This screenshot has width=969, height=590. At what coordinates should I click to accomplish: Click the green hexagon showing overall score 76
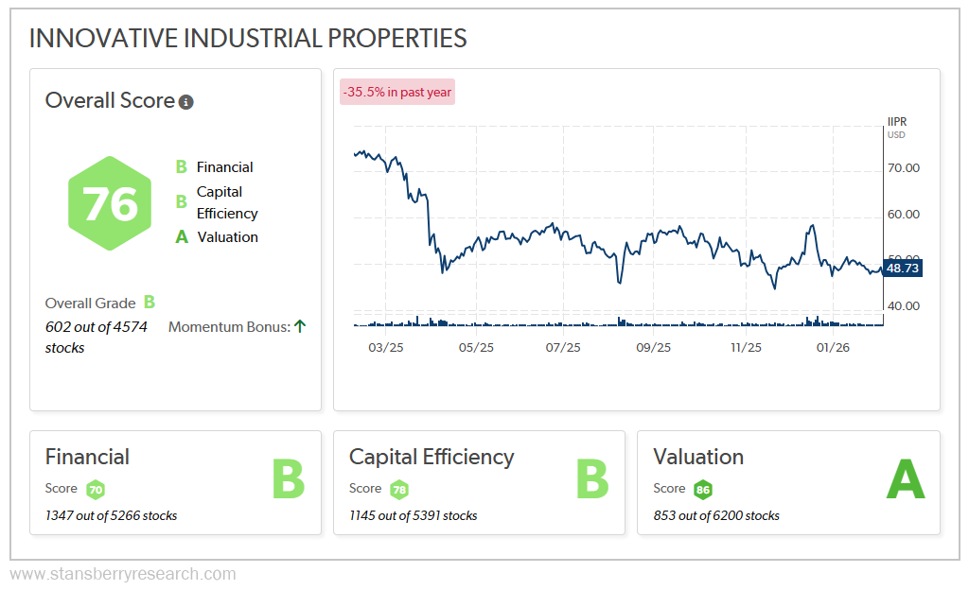(110, 203)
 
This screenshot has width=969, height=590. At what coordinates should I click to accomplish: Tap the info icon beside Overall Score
(186, 102)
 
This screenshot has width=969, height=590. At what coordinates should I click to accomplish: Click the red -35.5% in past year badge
(397, 92)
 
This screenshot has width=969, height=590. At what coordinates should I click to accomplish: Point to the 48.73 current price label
(903, 269)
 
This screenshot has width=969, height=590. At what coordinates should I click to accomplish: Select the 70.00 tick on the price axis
(905, 168)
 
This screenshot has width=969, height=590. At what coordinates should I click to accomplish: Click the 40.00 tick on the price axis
(905, 305)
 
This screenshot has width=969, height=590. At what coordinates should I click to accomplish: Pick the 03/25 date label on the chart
(386, 347)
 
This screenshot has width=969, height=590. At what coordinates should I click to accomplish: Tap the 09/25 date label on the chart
(653, 347)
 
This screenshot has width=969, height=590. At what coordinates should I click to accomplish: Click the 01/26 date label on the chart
(833, 347)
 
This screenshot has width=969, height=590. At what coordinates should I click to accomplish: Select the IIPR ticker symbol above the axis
(897, 122)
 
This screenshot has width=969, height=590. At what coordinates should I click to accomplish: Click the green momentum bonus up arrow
(300, 326)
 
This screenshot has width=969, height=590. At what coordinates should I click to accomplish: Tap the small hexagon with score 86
(702, 490)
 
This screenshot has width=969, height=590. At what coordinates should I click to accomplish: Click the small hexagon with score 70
(96, 490)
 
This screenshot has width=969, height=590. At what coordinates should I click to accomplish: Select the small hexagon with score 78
(399, 490)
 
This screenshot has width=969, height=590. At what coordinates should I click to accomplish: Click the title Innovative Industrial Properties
(248, 38)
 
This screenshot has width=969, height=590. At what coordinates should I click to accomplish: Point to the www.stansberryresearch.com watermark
(123, 574)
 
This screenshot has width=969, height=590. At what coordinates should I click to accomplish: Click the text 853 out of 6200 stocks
(716, 515)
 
